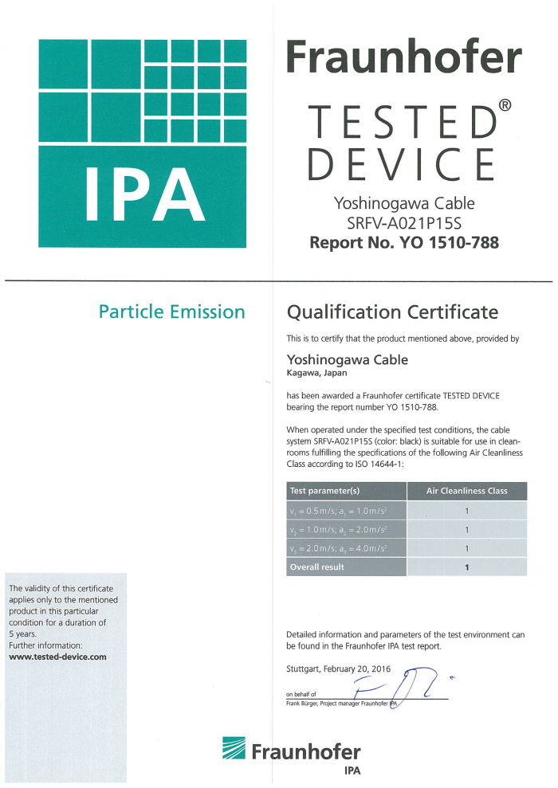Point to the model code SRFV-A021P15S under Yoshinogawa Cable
coord(404,223)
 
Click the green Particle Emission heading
coord(171,312)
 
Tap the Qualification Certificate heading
coord(391,312)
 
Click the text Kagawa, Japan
coord(316,373)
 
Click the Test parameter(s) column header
coord(325,491)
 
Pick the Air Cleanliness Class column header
coord(467,491)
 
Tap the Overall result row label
coord(317,566)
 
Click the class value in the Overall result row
coord(467,566)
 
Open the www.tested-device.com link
coord(57,657)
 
